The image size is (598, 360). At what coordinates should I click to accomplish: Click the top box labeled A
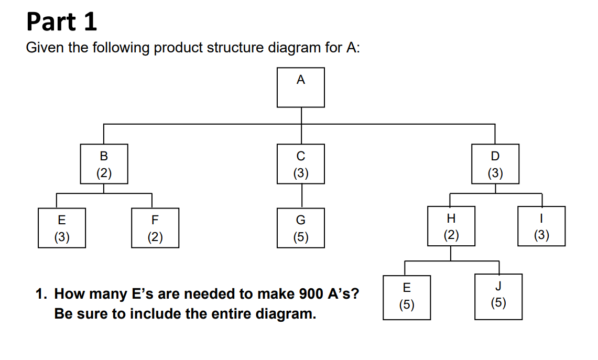(301, 87)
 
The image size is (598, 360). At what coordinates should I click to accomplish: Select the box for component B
(104, 164)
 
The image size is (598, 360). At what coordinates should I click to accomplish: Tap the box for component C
(301, 164)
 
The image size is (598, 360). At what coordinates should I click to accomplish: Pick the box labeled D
(495, 164)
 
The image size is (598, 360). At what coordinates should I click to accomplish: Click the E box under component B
(62, 228)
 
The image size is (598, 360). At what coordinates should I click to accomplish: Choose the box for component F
(155, 228)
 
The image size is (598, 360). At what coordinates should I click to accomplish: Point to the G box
(301, 228)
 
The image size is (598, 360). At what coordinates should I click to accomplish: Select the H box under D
(451, 226)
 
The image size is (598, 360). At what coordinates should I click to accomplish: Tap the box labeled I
(541, 226)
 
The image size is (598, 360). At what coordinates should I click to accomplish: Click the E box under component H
(407, 297)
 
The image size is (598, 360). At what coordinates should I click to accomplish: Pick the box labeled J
(498, 296)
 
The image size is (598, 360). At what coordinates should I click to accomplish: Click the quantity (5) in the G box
(301, 237)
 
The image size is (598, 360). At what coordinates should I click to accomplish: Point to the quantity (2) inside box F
(155, 237)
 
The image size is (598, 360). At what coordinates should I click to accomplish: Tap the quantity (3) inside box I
(541, 235)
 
